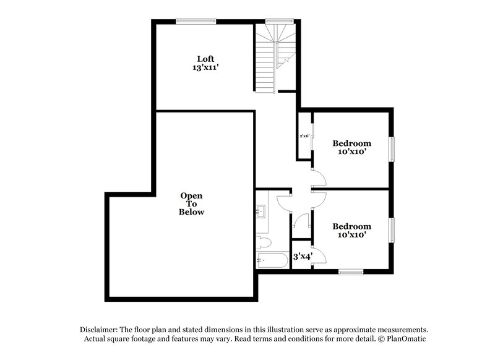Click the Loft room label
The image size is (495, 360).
coord(205,59)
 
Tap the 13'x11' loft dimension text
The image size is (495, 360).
coord(205,68)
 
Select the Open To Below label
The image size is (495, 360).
coord(191,204)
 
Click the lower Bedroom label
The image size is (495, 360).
coord(351,226)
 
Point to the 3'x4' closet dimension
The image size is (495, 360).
coord(302,255)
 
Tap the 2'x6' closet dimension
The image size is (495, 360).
coord(304,135)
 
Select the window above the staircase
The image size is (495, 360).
coord(275,21)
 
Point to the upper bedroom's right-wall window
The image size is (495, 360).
coord(391,148)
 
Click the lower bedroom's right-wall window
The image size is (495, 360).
coord(391,230)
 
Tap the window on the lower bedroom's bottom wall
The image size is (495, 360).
coord(351,271)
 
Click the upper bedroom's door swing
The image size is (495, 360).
coord(319,179)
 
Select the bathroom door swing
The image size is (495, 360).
coord(283,201)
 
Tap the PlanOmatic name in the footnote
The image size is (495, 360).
coord(406,339)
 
